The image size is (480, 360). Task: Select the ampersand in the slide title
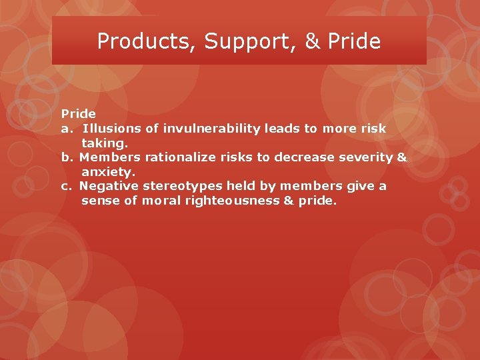(x=312, y=41)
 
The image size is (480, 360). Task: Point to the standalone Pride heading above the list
(x=79, y=114)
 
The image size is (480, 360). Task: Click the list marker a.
(x=66, y=129)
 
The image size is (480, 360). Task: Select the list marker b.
(x=67, y=157)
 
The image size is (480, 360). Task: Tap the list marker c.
(x=66, y=186)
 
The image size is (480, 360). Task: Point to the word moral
(x=159, y=200)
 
